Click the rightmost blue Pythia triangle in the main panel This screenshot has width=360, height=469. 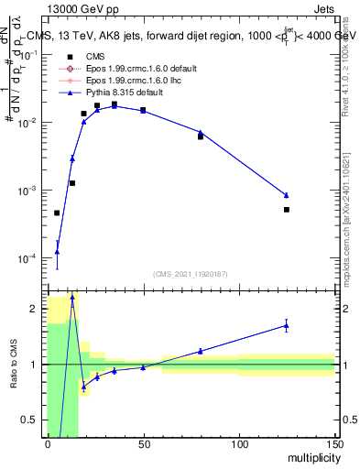[287, 195]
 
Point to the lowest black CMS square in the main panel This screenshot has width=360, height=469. [57, 213]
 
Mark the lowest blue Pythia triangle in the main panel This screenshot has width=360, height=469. [57, 252]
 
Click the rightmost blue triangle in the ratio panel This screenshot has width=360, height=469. [287, 325]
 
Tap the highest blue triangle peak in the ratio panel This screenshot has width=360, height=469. [72, 298]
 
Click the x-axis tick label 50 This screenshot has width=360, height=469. [143, 446]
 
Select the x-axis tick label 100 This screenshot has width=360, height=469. [239, 446]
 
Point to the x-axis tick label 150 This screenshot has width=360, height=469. [333, 446]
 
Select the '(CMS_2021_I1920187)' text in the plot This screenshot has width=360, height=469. [191, 274]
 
